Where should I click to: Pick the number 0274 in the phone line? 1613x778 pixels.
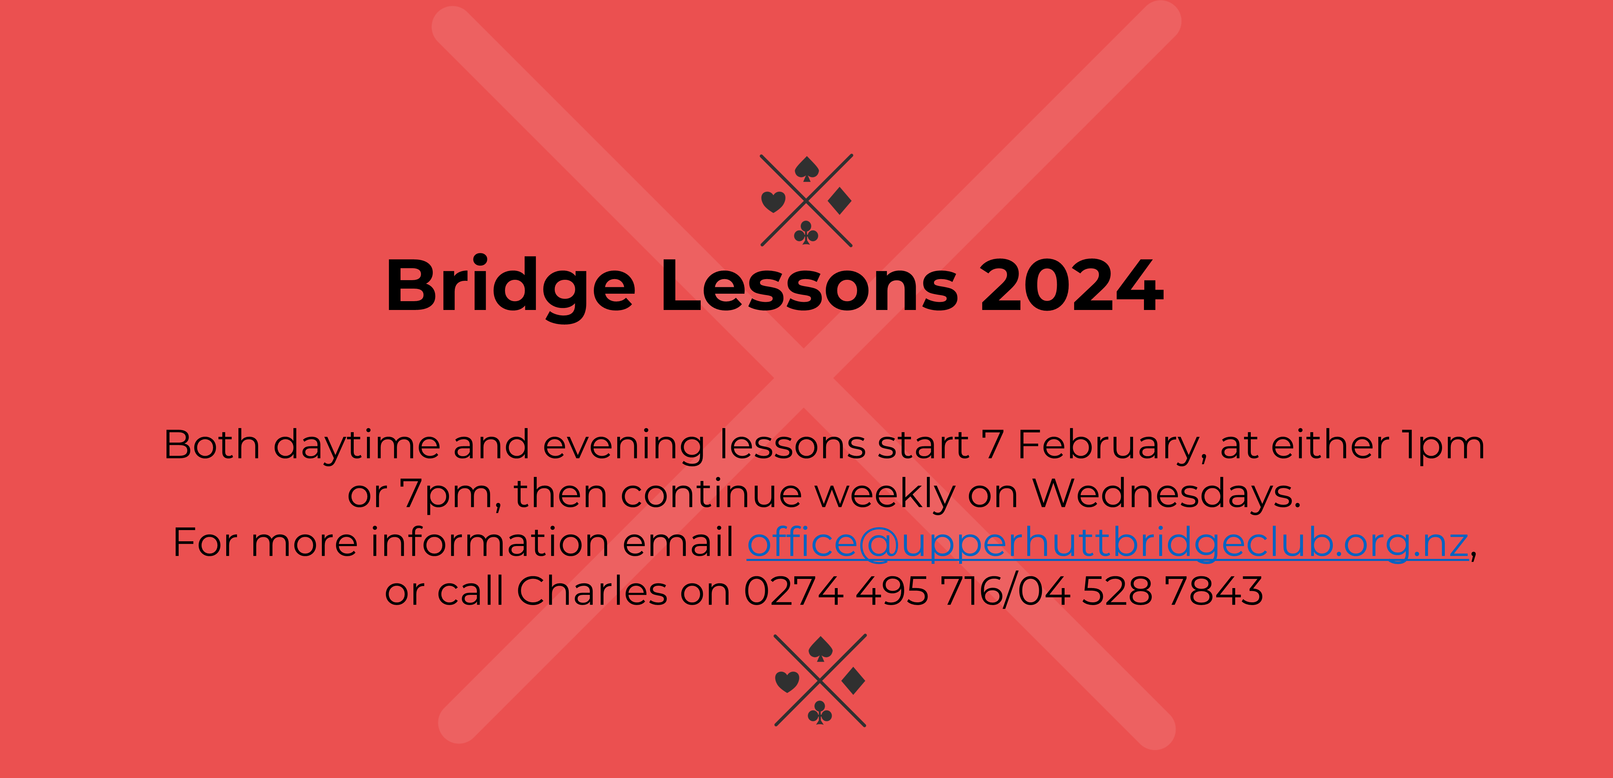793,591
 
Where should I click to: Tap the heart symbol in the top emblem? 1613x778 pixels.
773,201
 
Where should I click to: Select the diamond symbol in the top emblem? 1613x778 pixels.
840,201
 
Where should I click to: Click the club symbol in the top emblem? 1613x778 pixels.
806,233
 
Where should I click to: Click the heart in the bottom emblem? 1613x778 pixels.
787,682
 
